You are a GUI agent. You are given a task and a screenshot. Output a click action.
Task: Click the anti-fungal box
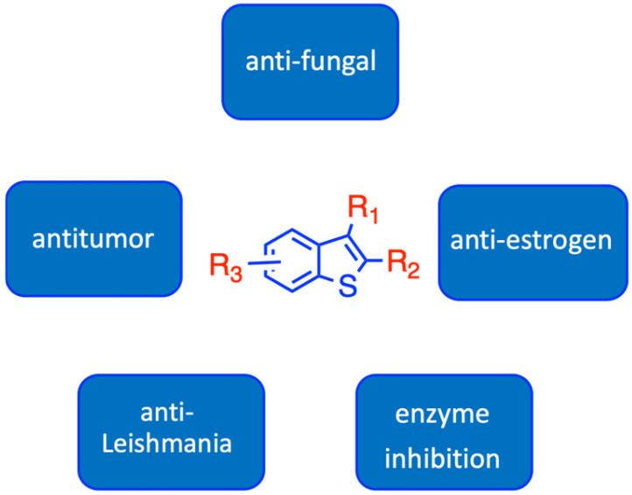coord(310,62)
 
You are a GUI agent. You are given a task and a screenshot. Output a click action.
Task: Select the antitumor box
coord(94,239)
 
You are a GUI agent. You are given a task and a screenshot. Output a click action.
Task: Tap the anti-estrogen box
coord(532,241)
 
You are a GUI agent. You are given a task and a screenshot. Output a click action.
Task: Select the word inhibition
coord(444,458)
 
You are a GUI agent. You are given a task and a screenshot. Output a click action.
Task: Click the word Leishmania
coord(172,443)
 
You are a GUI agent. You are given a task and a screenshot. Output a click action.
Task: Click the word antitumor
coord(94,239)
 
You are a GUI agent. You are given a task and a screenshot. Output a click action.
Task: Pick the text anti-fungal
coord(310,63)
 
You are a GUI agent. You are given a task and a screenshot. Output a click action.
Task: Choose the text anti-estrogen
coord(532,241)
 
